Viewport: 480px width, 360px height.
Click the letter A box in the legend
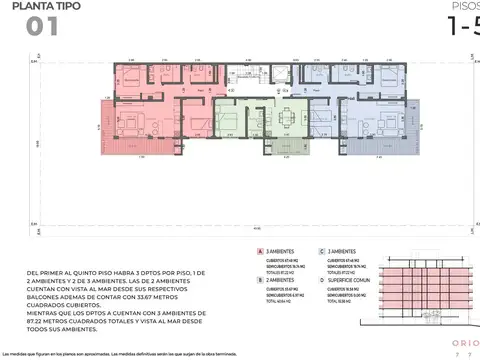click(x=261, y=253)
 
